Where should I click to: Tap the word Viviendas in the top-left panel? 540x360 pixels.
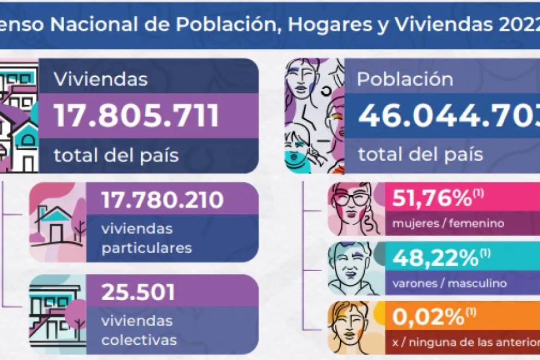tap(101, 80)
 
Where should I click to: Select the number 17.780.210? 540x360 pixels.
tap(162, 200)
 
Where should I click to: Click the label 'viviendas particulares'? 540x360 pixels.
tap(146, 238)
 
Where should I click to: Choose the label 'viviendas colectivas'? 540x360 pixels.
tap(139, 330)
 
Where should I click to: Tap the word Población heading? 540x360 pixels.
tap(405, 80)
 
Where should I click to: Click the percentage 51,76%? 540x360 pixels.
tap(432, 199)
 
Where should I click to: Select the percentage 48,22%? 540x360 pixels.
tap(432, 259)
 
